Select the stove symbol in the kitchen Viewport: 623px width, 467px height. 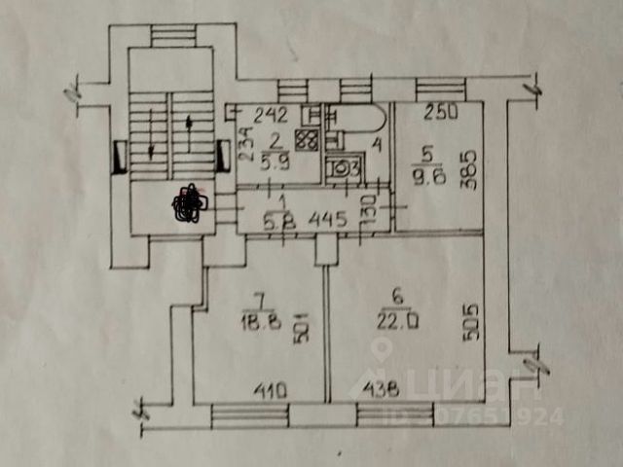(x=307, y=140)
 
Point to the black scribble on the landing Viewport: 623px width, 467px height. (x=188, y=203)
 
